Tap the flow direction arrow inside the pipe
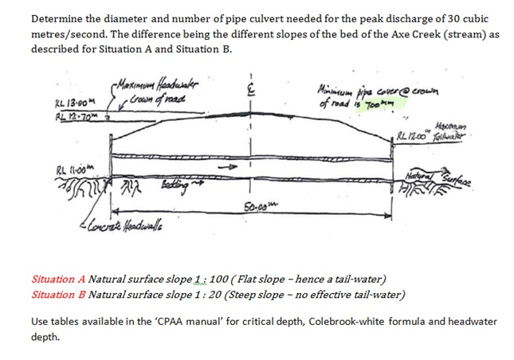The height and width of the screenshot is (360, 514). (x=231, y=168)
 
